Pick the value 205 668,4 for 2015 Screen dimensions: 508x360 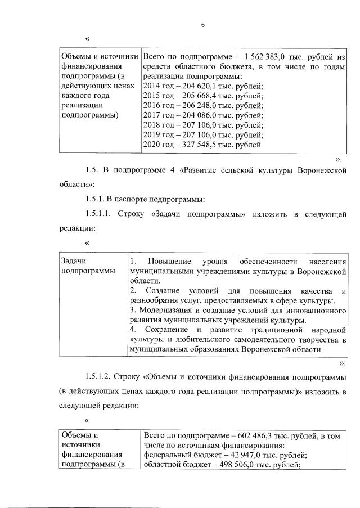[x=207, y=96]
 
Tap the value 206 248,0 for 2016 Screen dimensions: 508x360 [x=207, y=106]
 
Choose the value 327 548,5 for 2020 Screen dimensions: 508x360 [x=207, y=145]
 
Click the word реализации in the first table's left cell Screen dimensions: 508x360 [x=81, y=106]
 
